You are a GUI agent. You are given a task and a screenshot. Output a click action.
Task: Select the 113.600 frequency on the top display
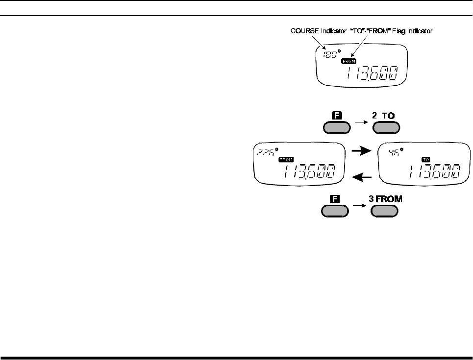click(x=371, y=75)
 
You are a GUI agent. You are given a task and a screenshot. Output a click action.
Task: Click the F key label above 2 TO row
click(x=336, y=117)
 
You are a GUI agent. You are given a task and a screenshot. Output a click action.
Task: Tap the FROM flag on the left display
click(x=285, y=160)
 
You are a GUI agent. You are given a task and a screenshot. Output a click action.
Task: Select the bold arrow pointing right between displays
click(x=361, y=152)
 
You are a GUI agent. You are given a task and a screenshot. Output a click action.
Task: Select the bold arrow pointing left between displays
click(x=361, y=175)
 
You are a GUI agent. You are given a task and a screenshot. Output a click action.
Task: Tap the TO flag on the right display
click(x=425, y=160)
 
